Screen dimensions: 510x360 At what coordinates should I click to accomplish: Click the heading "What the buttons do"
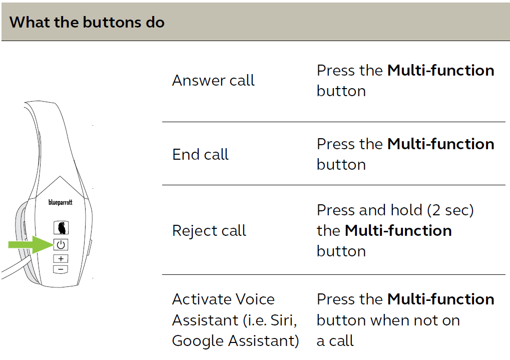[87, 22]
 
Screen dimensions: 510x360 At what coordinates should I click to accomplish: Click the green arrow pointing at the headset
[31, 244]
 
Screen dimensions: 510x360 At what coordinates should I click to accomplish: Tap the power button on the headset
[61, 244]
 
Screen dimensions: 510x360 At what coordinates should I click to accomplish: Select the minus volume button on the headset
[61, 269]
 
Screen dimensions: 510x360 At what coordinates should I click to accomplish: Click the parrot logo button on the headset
[61, 227]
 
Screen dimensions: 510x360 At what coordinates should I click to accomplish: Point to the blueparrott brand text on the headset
[61, 202]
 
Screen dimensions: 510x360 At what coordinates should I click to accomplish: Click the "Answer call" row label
[213, 81]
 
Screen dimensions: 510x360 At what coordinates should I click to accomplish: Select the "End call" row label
[200, 154]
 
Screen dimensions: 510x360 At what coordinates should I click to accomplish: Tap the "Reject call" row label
[209, 230]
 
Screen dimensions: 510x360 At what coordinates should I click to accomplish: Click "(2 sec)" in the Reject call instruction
[450, 210]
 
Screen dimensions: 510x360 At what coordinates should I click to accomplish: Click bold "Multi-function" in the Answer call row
[441, 70]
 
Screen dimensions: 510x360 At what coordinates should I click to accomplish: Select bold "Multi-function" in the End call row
[441, 144]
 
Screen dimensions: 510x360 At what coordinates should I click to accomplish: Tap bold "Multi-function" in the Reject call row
[398, 230]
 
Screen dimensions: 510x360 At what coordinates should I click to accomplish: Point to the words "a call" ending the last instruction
[335, 341]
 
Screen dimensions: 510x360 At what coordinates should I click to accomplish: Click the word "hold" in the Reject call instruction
[406, 210]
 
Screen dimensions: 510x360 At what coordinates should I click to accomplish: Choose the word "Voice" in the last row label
[255, 299]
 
